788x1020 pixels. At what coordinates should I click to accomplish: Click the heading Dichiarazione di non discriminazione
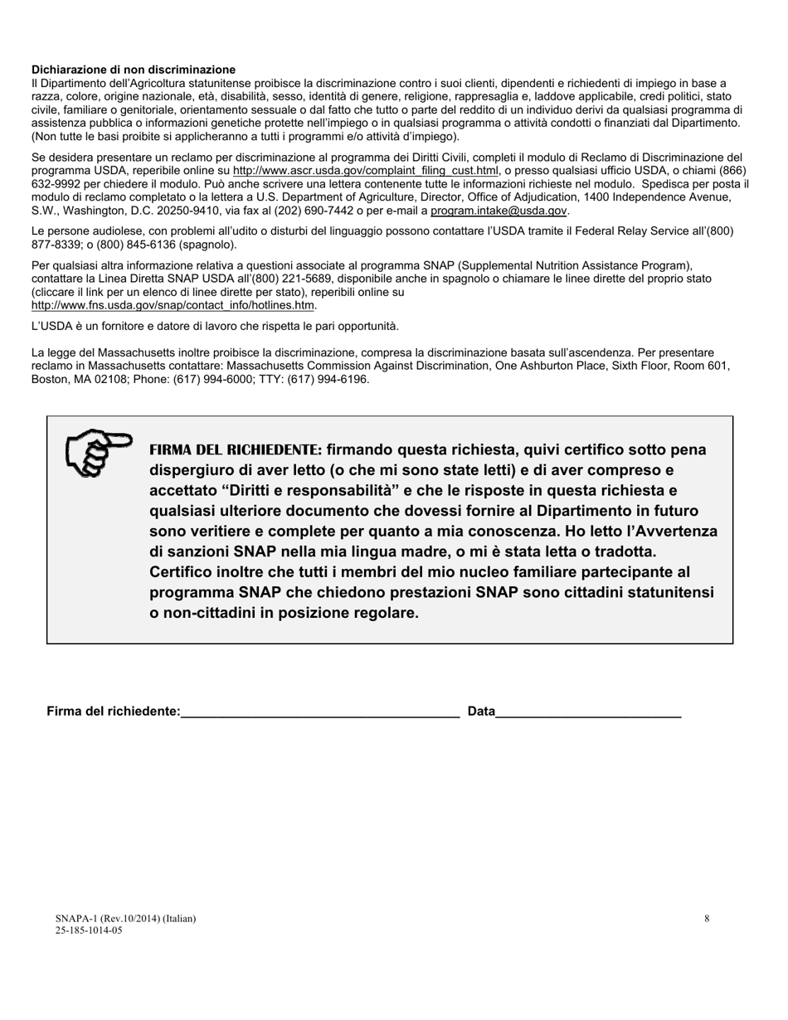tap(134, 70)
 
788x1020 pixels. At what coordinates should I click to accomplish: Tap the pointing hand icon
tap(98, 452)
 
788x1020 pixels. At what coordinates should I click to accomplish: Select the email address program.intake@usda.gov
tap(499, 211)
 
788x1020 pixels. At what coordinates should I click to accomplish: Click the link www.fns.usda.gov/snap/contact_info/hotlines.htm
tap(173, 305)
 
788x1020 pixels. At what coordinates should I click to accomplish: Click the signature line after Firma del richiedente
tap(319, 712)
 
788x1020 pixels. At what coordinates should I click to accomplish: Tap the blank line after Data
tap(588, 712)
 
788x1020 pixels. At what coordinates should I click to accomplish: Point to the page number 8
tap(707, 918)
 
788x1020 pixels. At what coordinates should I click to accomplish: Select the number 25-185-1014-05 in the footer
tap(89, 930)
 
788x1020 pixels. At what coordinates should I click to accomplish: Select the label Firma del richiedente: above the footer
tap(114, 712)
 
